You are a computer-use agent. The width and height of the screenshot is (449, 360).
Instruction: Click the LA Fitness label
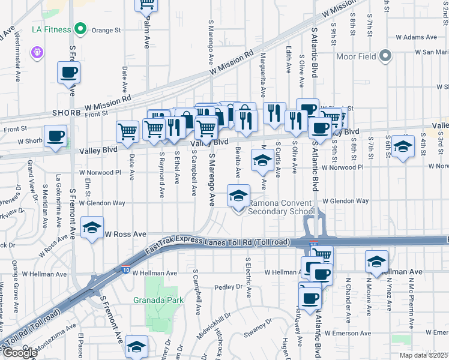point(50,29)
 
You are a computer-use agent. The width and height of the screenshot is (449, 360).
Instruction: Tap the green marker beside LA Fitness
point(79,29)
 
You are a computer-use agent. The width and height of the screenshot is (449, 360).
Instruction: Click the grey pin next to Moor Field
point(385,57)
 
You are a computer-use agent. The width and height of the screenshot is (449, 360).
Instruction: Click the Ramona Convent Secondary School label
point(281,207)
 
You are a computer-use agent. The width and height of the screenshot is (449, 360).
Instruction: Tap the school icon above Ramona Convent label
point(238,196)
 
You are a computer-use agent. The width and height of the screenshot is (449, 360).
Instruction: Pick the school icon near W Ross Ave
point(92,227)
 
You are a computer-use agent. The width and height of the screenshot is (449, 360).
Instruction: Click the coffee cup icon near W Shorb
point(56,136)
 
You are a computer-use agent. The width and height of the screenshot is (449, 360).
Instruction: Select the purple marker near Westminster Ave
point(38,53)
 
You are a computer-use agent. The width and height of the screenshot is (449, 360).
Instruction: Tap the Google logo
point(19,353)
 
